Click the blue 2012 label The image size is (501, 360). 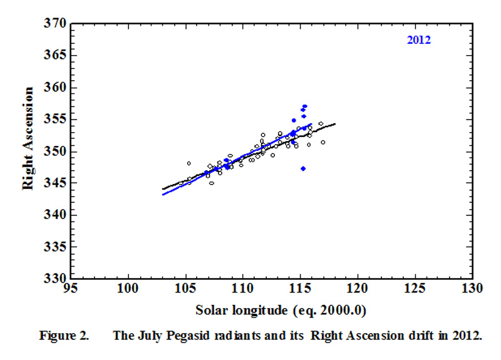click(x=419, y=41)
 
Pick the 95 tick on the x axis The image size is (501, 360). click(x=71, y=289)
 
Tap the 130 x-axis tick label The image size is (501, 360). click(x=471, y=289)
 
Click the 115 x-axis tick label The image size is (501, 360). click(x=299, y=289)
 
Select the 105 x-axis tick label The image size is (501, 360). click(x=185, y=289)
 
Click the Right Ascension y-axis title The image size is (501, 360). click(x=29, y=150)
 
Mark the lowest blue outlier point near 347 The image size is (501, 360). click(x=303, y=168)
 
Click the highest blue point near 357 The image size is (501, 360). click(x=304, y=106)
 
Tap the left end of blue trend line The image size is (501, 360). click(x=163, y=194)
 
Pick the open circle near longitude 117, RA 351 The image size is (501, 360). click(x=323, y=142)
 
